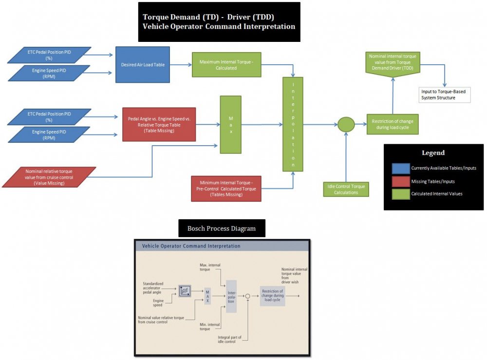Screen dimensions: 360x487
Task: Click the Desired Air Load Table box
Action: pos(142,64)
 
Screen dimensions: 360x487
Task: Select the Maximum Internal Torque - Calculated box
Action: pos(218,65)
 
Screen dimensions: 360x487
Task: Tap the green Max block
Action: pos(230,124)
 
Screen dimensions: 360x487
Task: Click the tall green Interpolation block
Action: pos(293,124)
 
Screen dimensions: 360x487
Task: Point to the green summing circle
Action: pos(346,124)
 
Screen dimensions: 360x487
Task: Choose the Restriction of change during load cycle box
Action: pos(392,124)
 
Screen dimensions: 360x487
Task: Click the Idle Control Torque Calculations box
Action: pos(346,189)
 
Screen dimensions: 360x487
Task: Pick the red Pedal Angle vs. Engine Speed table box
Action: pos(159,124)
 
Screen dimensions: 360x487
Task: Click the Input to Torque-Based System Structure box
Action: pos(445,95)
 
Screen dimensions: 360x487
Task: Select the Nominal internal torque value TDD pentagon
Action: pos(392,65)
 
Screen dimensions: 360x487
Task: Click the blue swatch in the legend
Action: pos(400,168)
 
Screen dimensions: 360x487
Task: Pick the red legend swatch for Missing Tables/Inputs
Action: pos(400,181)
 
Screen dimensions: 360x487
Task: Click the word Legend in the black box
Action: pos(433,152)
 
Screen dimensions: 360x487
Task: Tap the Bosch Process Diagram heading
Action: pos(222,228)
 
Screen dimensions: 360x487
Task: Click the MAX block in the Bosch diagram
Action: pos(208,295)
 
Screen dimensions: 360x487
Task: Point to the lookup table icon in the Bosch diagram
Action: pos(185,291)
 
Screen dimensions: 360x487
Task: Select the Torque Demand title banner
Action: pos(219,21)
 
